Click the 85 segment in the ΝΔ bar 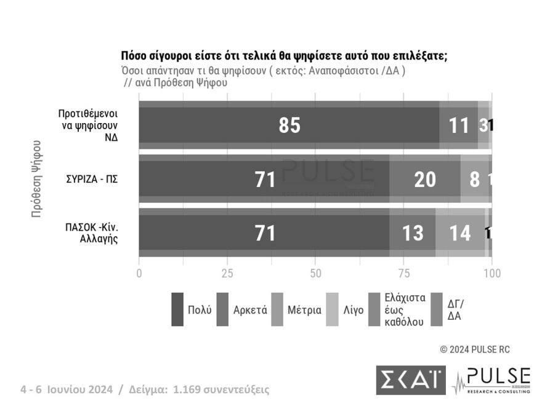click(x=289, y=125)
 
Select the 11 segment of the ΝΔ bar click(x=459, y=125)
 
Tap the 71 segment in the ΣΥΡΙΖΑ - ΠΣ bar click(x=264, y=179)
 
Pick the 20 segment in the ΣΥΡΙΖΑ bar click(x=425, y=179)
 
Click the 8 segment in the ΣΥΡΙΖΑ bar click(x=474, y=179)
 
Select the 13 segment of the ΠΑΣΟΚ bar click(x=412, y=233)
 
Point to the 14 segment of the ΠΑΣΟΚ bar click(x=459, y=233)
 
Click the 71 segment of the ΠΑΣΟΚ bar click(x=264, y=233)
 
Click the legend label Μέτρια click(x=305, y=309)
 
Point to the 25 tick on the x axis click(x=227, y=273)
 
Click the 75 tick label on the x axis click(x=403, y=273)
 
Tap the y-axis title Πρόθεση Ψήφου click(x=37, y=179)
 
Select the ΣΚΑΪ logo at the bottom click(x=410, y=380)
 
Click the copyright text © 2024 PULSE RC click(x=475, y=349)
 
